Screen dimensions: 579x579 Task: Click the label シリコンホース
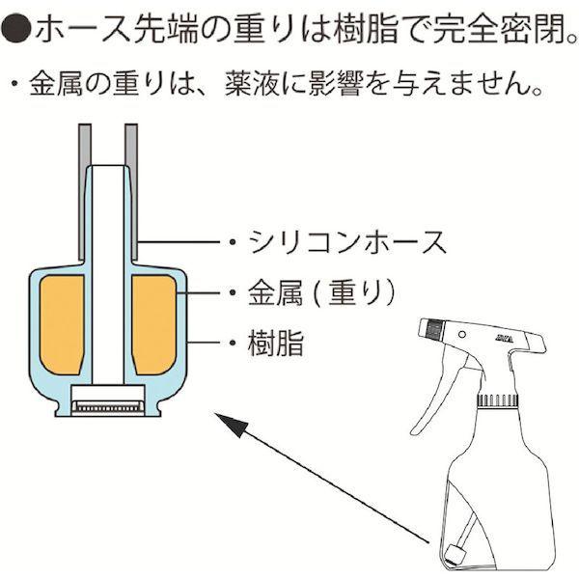[x=347, y=242]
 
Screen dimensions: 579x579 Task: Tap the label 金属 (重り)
[x=321, y=292]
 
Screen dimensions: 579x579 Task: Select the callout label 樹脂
[x=275, y=343]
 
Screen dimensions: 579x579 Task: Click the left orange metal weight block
[x=62, y=324]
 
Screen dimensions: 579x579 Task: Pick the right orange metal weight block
[x=154, y=324]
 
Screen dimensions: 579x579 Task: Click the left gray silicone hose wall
[x=85, y=192]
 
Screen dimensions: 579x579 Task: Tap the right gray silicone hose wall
[x=131, y=192]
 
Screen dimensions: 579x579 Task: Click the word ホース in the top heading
[x=83, y=30]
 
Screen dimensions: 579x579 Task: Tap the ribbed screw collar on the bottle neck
[x=498, y=400]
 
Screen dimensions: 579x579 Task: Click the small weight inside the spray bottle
[x=453, y=554]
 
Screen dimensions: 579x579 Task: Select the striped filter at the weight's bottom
[x=108, y=407]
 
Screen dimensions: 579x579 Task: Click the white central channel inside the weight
[x=108, y=275]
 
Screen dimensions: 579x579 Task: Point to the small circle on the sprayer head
[x=461, y=334]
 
